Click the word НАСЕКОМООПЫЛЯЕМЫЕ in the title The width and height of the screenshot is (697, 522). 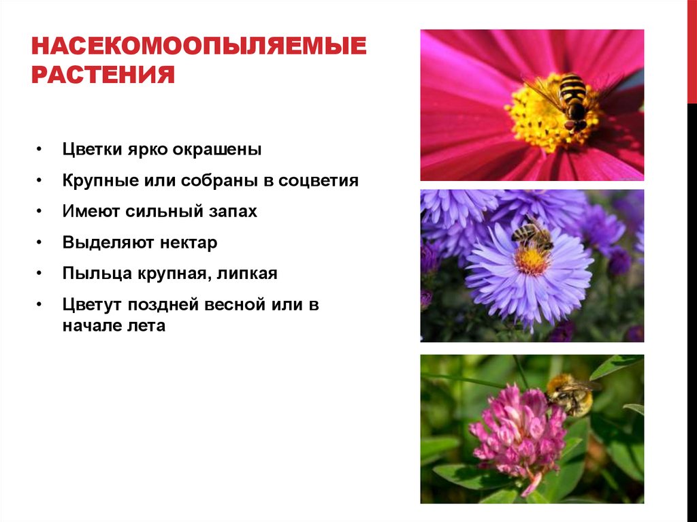click(x=199, y=47)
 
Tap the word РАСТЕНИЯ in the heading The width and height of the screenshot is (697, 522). click(x=103, y=74)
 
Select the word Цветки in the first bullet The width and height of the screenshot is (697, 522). click(x=91, y=150)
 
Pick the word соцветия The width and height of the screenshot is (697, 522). click(x=320, y=181)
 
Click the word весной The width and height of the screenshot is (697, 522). click(x=236, y=304)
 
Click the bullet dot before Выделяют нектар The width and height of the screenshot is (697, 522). click(x=41, y=243)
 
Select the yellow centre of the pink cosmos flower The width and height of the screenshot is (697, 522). click(x=545, y=116)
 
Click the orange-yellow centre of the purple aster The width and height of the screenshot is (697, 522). click(x=531, y=260)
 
